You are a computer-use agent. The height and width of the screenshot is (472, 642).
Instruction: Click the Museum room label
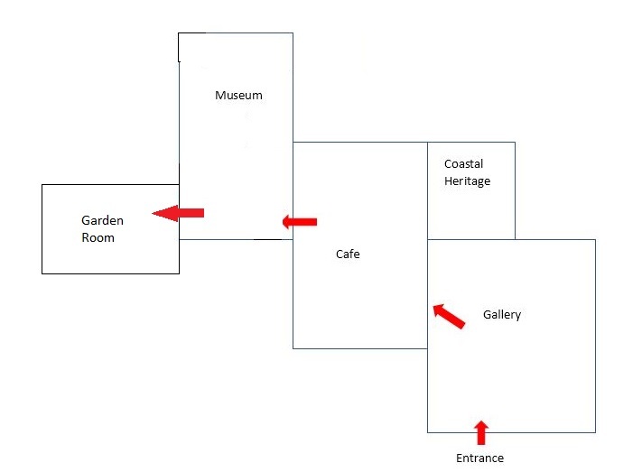pyautogui.click(x=238, y=96)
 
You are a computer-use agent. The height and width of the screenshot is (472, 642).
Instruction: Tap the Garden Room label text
pyautogui.click(x=102, y=229)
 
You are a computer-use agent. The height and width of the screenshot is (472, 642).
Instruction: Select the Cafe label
pyautogui.click(x=348, y=255)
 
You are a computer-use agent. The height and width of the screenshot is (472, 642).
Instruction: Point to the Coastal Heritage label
pyautogui.click(x=467, y=172)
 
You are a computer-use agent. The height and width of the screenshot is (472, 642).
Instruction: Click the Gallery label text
pyautogui.click(x=502, y=315)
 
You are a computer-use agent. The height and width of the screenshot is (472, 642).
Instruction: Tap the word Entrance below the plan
pyautogui.click(x=479, y=458)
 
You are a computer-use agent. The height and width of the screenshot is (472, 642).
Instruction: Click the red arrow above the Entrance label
pyautogui.click(x=481, y=432)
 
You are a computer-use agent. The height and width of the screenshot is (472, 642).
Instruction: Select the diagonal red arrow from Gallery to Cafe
pyautogui.click(x=449, y=316)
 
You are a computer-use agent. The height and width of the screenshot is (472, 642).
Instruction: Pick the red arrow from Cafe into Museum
pyautogui.click(x=300, y=222)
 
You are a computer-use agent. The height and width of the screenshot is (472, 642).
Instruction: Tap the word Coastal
pyautogui.click(x=463, y=164)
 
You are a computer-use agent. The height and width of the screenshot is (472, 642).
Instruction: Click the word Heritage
pyautogui.click(x=467, y=181)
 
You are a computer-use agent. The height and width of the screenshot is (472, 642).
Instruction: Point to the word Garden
pyautogui.click(x=102, y=221)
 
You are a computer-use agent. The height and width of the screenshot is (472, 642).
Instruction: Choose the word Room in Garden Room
pyautogui.click(x=98, y=238)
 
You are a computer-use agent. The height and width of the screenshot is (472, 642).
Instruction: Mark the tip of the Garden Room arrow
pyautogui.click(x=154, y=213)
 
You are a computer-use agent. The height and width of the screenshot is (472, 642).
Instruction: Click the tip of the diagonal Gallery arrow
pyautogui.click(x=434, y=306)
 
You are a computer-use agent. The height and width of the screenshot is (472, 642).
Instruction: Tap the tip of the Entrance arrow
pyautogui.click(x=481, y=421)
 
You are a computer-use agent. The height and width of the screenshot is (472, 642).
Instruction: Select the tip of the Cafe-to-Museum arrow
pyautogui.click(x=284, y=222)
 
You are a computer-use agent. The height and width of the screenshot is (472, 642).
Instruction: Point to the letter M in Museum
pyautogui.click(x=219, y=96)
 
